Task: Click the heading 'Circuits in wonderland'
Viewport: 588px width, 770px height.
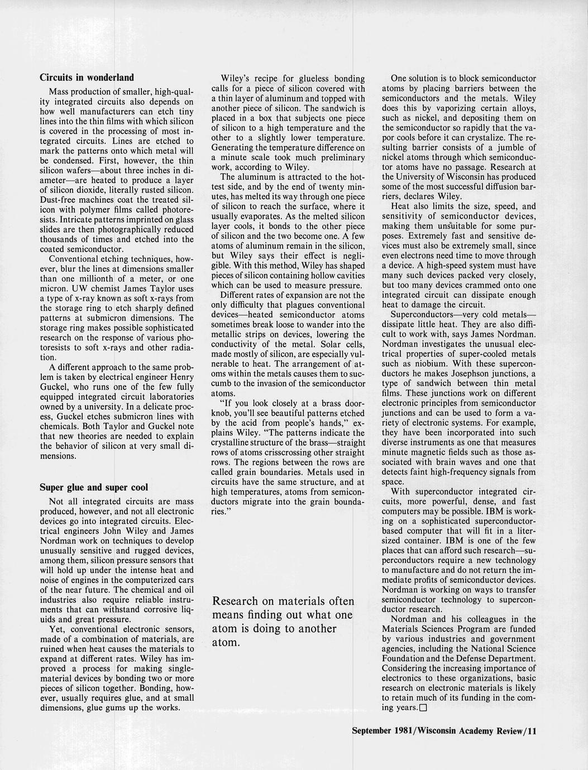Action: point(87,77)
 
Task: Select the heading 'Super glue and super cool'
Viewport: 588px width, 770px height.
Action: point(94,487)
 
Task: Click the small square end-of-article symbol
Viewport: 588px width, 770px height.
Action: point(423,708)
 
